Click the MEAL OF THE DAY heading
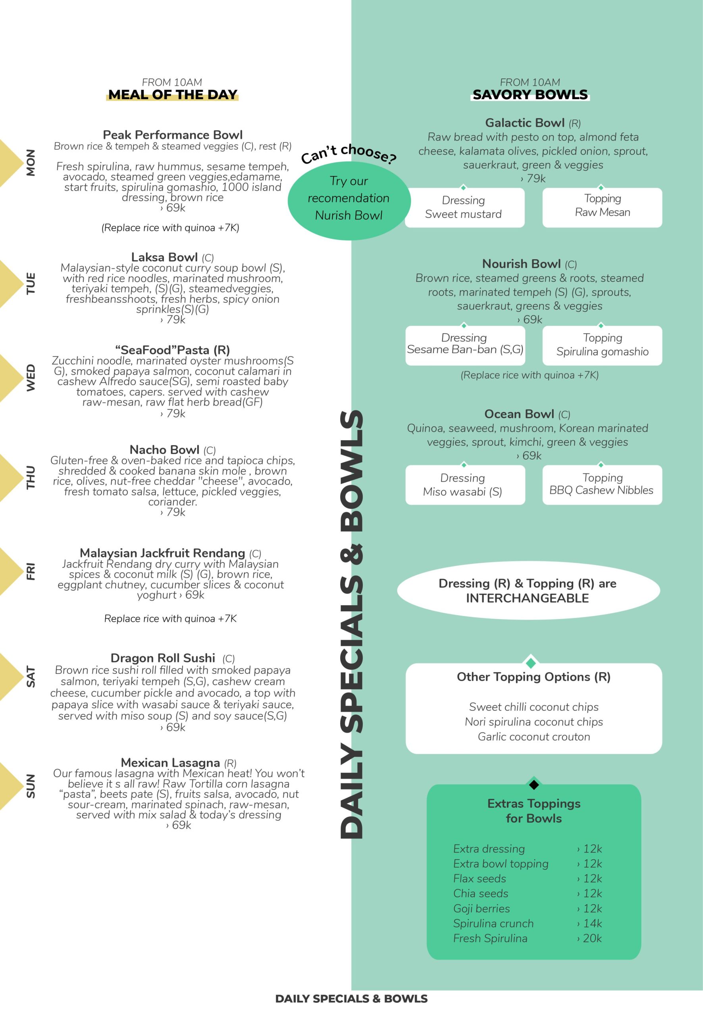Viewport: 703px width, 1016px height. coord(172,95)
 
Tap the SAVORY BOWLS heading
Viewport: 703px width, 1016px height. coord(530,95)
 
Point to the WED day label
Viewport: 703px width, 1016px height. coord(31,377)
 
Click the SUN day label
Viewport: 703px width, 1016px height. coord(31,786)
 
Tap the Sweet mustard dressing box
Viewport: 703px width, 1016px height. coord(464,208)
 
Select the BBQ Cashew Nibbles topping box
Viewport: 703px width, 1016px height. coord(602,485)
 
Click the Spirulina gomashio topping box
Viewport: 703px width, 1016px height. coord(602,345)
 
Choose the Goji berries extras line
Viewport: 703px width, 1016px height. coord(482,908)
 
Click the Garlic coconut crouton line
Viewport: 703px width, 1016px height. coord(534,736)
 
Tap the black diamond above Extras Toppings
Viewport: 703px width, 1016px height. coord(534,784)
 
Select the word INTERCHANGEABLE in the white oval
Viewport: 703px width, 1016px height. coord(527,598)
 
